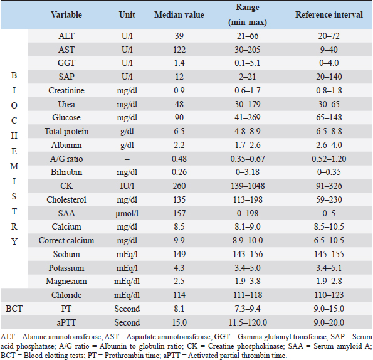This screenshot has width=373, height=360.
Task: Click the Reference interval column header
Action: tap(329, 15)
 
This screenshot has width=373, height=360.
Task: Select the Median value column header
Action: tap(179, 15)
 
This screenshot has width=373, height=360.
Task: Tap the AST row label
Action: tap(66, 50)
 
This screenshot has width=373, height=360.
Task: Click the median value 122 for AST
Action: tap(179, 50)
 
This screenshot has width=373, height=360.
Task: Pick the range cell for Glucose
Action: tap(248, 117)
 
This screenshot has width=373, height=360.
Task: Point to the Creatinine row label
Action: tap(66, 91)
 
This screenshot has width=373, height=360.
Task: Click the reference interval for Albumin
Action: tap(329, 145)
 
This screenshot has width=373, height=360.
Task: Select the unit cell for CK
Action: tap(127, 186)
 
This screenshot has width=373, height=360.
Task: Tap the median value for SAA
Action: tap(179, 213)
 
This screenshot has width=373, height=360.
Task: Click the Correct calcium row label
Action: tap(66, 241)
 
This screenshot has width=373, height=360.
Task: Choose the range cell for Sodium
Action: tap(248, 255)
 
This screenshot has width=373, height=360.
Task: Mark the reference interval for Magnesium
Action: tap(329, 282)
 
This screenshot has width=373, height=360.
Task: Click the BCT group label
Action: tap(14, 309)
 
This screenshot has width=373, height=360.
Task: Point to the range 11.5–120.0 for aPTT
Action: tap(248, 322)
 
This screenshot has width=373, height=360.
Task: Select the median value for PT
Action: tap(179, 309)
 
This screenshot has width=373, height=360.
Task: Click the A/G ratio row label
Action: tap(66, 159)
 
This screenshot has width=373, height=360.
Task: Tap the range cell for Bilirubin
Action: tap(248, 172)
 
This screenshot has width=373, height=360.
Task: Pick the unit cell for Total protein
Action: tap(127, 132)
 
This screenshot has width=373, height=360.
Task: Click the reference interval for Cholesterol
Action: tap(329, 199)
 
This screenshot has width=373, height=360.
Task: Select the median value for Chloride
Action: tap(179, 295)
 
